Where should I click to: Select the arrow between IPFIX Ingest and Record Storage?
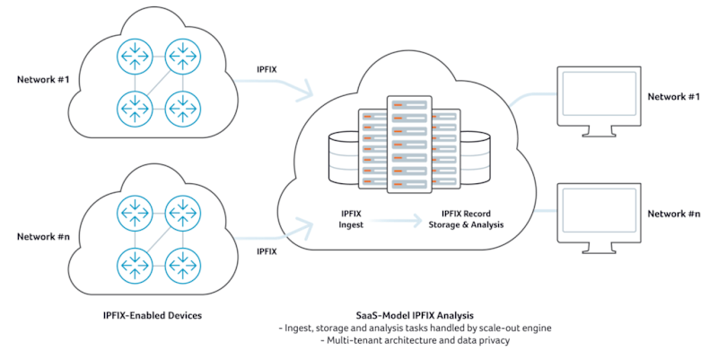pos(395,217)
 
